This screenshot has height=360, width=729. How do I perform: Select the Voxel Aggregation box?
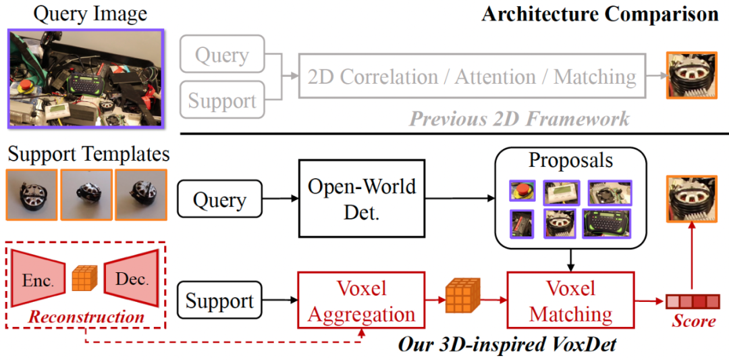tap(361, 300)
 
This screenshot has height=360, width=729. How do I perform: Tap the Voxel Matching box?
tap(571, 300)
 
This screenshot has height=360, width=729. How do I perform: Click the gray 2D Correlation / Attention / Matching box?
tap(471, 76)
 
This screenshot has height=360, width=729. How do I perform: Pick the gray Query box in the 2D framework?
tap(222, 54)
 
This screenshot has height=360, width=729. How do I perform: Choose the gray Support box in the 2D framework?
tap(222, 99)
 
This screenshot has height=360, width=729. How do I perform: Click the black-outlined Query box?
tap(220, 201)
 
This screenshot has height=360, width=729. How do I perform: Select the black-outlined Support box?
tap(220, 301)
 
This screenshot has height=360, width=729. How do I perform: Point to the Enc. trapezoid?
tap(38, 278)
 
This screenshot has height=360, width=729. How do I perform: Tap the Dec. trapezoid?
tap(132, 278)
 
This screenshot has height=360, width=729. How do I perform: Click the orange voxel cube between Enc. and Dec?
tap(85, 278)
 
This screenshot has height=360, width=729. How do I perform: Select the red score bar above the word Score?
tap(693, 301)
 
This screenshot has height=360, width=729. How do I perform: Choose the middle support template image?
tap(86, 195)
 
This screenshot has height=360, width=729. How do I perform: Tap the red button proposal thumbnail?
tap(522, 190)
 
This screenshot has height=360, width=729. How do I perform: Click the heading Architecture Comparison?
tap(600, 14)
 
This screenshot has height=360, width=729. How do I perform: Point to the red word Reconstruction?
tap(86, 317)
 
